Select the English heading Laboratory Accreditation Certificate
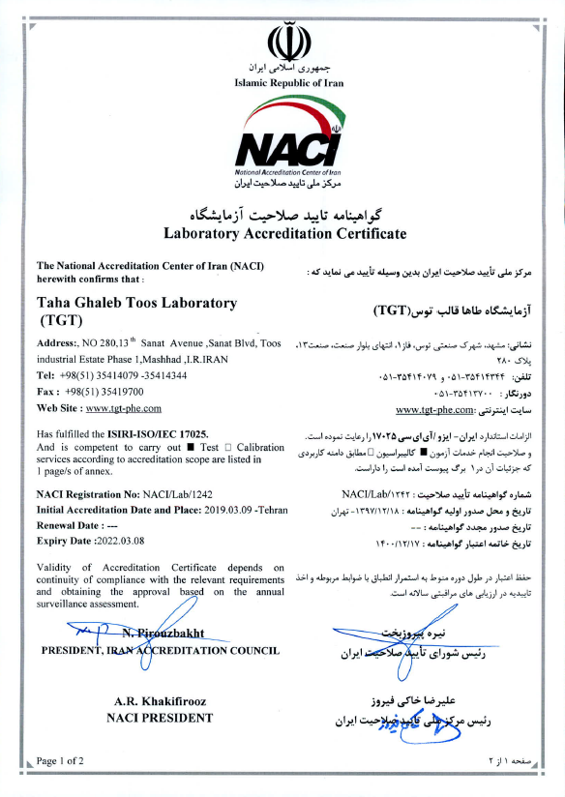click(x=285, y=234)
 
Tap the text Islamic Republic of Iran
click(x=288, y=83)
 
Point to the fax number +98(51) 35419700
click(x=104, y=392)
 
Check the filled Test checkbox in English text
click(x=165, y=449)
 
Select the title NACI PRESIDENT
click(x=160, y=719)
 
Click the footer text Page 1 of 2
click(x=60, y=761)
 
